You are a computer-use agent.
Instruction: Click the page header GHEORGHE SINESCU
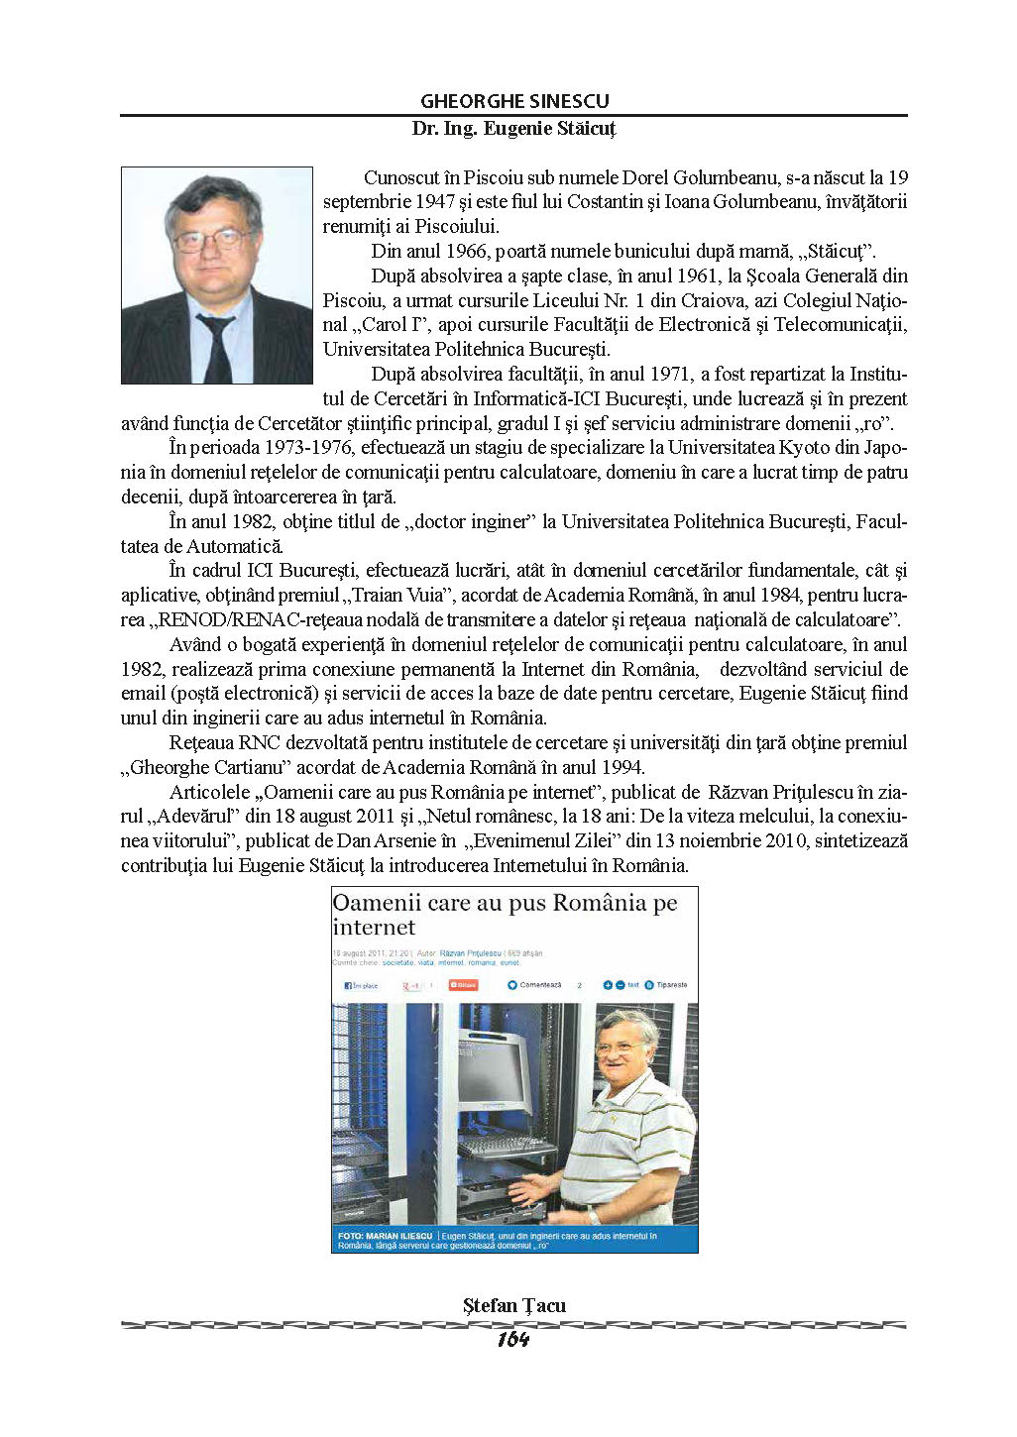pos(513,101)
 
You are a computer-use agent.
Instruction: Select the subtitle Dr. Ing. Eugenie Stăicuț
pos(513,129)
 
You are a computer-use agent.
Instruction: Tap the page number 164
pos(512,1340)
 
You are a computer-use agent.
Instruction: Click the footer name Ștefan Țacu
pos(513,1305)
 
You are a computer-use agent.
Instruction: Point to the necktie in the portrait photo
pos(215,347)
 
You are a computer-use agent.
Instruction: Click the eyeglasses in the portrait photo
pos(210,239)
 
